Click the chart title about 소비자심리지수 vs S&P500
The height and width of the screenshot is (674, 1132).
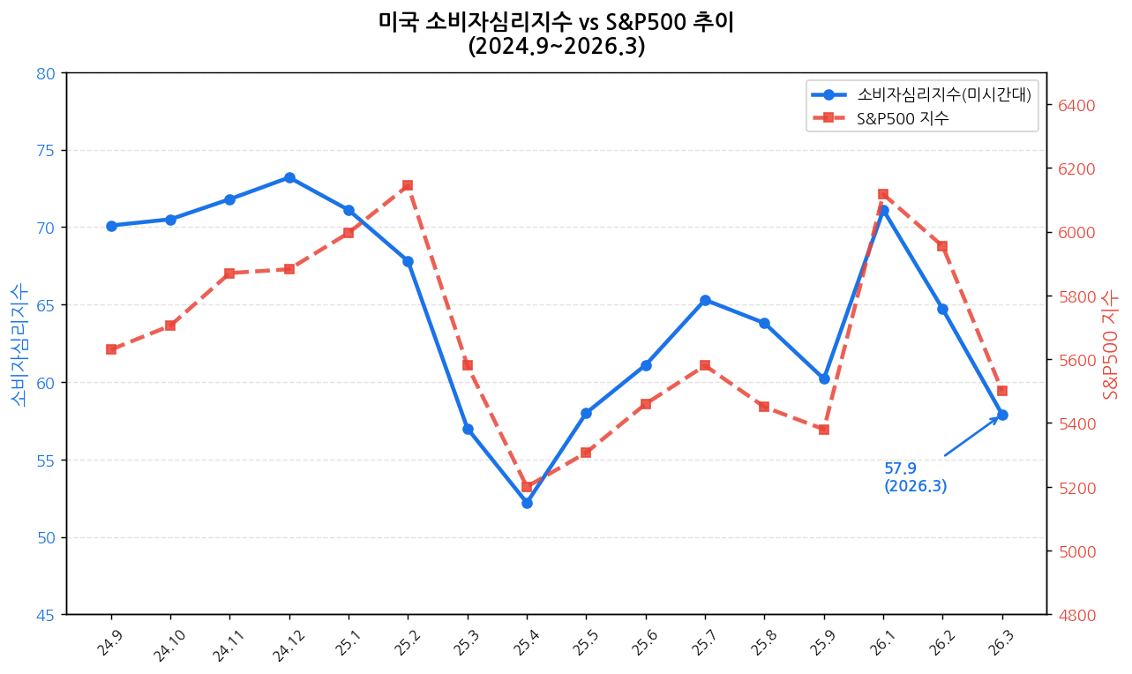556,34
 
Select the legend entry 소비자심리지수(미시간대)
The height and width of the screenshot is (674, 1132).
943,94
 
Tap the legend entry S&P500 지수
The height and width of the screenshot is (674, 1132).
903,118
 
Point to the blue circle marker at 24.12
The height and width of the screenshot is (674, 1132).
289,177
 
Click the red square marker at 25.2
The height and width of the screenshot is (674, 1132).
408,185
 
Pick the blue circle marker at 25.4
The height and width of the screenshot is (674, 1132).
527,503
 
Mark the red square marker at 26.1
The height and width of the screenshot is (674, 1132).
883,194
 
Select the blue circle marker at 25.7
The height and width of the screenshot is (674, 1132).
705,300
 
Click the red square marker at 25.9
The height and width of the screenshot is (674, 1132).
824,430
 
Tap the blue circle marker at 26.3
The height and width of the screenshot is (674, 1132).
1002,415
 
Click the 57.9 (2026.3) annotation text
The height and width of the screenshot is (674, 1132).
915,477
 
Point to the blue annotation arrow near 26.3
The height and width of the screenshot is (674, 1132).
971,437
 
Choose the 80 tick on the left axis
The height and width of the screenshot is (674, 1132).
45,73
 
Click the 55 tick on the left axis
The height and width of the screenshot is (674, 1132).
45,461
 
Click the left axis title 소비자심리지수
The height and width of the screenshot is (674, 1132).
19,344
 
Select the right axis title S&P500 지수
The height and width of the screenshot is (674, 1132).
1111,344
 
